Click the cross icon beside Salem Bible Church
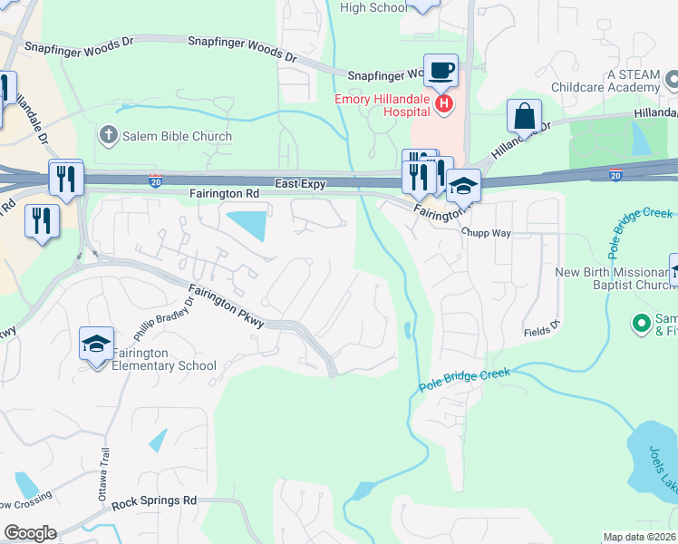click(108, 136)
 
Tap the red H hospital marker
click(444, 105)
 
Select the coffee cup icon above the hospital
click(441, 69)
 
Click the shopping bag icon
click(524, 116)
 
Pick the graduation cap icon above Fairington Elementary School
click(96, 344)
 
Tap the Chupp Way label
click(486, 233)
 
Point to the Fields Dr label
click(543, 333)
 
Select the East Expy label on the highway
click(300, 183)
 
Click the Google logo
click(30, 533)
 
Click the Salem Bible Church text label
click(178, 136)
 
